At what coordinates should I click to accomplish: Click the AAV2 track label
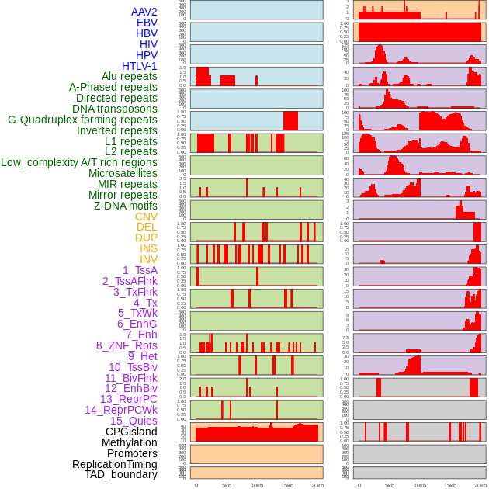(144, 12)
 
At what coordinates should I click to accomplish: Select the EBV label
(147, 23)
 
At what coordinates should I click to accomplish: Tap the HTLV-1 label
(140, 66)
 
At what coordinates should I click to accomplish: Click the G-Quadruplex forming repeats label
(82, 120)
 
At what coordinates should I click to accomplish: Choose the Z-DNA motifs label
(126, 206)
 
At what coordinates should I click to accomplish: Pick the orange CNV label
(146, 217)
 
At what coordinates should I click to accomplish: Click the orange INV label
(148, 259)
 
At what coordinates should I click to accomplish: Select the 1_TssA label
(140, 270)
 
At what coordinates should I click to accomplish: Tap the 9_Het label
(143, 356)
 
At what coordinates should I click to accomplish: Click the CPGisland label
(131, 432)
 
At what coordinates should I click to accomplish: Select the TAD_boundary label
(121, 474)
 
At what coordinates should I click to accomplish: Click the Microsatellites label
(123, 173)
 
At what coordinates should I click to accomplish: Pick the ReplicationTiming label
(115, 464)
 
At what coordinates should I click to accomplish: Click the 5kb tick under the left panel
(227, 485)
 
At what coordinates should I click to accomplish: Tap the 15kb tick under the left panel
(287, 485)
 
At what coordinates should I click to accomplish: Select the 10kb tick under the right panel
(420, 485)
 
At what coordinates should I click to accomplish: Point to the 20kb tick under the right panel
(480, 485)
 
